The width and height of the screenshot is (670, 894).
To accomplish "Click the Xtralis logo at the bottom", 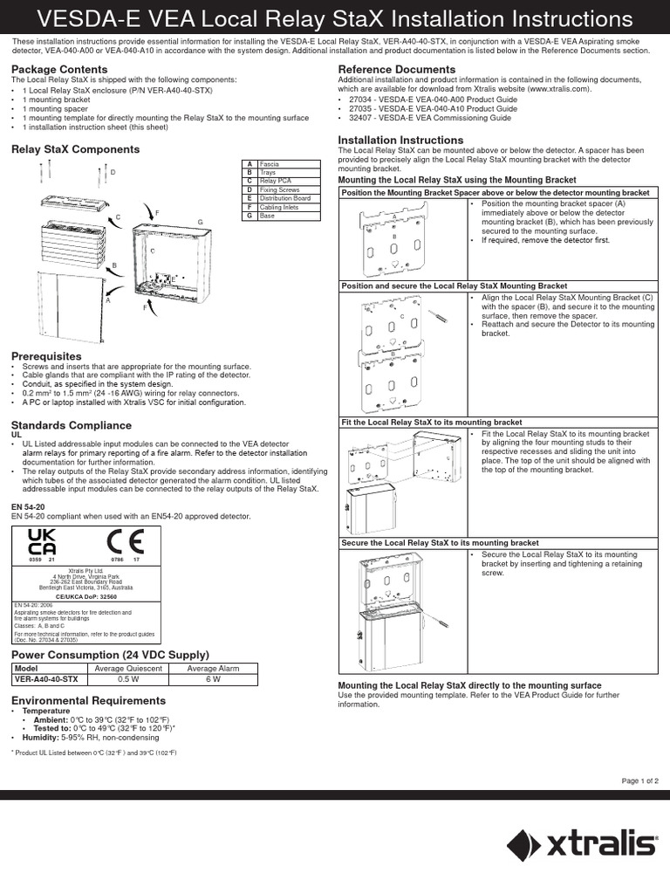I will coord(581,845).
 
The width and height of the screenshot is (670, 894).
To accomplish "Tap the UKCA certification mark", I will coord(42,542).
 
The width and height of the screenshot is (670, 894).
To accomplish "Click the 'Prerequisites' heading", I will coord(45,356).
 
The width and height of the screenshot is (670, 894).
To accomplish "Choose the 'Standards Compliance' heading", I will coord(71,425).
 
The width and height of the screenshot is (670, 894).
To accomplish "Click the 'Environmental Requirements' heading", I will coord(87,700).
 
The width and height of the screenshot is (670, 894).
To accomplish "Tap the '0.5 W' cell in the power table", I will coord(128,679).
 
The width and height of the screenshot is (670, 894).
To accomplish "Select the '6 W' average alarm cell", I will coord(212,679).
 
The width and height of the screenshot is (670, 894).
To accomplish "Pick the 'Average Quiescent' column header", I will coord(128,668).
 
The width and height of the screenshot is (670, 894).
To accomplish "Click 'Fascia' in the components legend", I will coord(270,163).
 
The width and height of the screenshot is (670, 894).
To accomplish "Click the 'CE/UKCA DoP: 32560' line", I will coord(85,596).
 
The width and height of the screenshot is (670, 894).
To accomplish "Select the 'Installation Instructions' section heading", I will coord(400,140).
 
